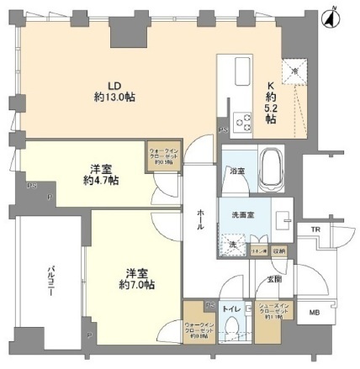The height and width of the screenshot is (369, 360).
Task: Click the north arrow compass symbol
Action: click(x=335, y=13)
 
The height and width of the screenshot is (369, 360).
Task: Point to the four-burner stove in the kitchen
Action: click(x=241, y=122)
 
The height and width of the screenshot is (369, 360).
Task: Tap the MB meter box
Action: click(x=314, y=314)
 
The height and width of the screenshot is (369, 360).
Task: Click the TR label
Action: click(x=315, y=229)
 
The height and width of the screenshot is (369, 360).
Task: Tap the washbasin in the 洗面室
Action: click(x=284, y=222)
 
